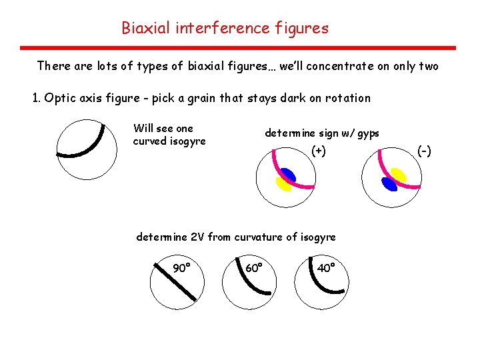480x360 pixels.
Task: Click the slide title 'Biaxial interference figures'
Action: (x=225, y=28)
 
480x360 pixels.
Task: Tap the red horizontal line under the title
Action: (x=238, y=48)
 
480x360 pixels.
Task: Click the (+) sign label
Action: (x=319, y=151)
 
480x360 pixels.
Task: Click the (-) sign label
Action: (x=424, y=151)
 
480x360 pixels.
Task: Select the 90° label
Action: (x=182, y=269)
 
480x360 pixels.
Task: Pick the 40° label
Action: (x=325, y=268)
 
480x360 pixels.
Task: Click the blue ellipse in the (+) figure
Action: (x=288, y=175)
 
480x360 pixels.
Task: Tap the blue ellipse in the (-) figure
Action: (x=388, y=183)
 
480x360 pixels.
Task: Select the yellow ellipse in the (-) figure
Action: (x=398, y=175)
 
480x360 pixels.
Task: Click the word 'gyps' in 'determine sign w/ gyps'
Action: (x=367, y=133)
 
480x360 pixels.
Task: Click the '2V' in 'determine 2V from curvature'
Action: (x=198, y=237)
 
